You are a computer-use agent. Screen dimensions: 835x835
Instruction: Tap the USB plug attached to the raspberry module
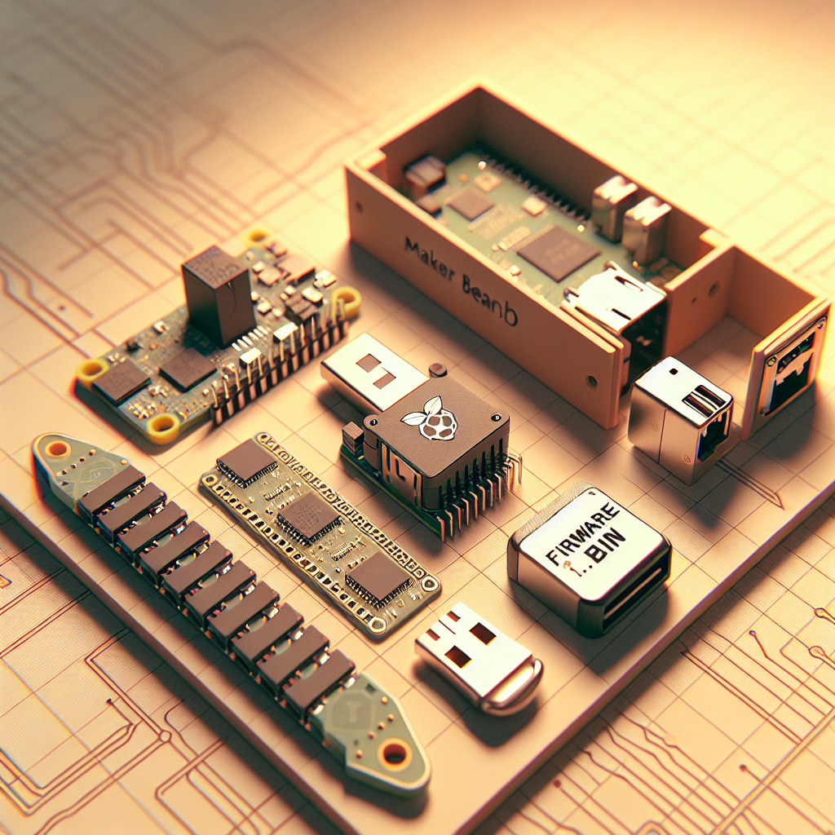(371, 371)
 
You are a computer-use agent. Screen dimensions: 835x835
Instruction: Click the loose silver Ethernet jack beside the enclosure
(682, 415)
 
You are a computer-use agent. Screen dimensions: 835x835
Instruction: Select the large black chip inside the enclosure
(558, 252)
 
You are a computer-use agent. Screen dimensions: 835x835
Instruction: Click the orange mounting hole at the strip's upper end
(57, 448)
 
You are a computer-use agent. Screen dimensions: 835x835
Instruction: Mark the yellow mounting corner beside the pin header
(347, 303)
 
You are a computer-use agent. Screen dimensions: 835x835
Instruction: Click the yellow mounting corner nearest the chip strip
(162, 424)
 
